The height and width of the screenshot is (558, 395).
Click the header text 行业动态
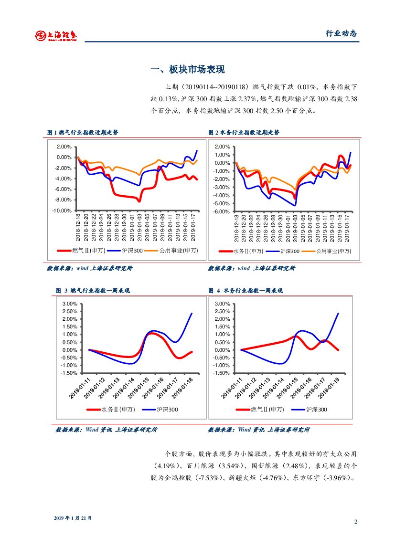tap(341, 33)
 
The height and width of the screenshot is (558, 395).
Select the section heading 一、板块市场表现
tap(187, 70)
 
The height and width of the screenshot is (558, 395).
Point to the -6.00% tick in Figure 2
tap(222, 211)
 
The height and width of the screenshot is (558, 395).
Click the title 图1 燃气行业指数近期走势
tap(83, 133)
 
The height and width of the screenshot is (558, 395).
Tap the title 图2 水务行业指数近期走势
tap(244, 133)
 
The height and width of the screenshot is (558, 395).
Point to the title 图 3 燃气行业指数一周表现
tap(93, 290)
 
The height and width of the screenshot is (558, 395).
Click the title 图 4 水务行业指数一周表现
tap(246, 290)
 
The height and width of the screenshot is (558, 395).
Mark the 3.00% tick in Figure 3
tap(70, 304)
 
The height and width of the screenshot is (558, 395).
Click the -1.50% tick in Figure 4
tap(223, 373)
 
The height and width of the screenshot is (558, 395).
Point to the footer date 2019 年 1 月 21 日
tap(73, 518)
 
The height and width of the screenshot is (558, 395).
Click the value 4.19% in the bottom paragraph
tap(166, 465)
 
